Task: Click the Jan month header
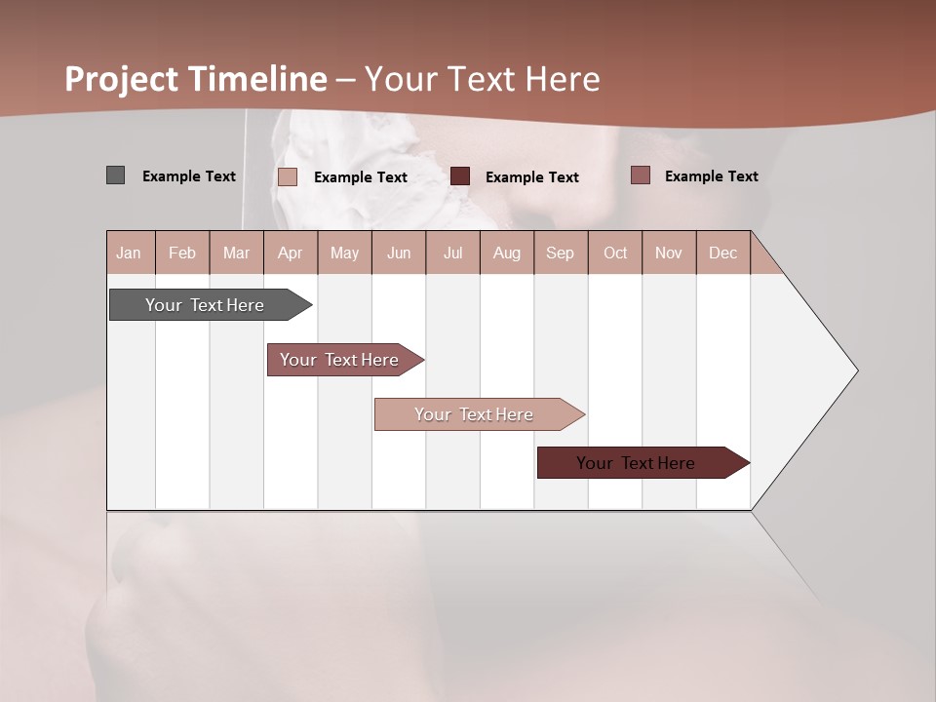(x=129, y=253)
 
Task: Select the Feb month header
(x=182, y=253)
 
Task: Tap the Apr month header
(x=290, y=253)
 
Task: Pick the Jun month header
(x=399, y=253)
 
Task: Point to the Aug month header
(x=506, y=253)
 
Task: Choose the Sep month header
(x=560, y=253)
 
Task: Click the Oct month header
(x=615, y=253)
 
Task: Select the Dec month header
(x=722, y=253)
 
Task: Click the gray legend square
(x=115, y=175)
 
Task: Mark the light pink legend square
(x=288, y=176)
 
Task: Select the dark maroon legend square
(x=460, y=176)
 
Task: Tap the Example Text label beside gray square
(x=189, y=176)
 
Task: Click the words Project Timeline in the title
(x=196, y=79)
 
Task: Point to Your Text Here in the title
(x=482, y=79)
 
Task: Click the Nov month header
(x=669, y=253)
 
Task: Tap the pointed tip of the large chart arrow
(x=855, y=370)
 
